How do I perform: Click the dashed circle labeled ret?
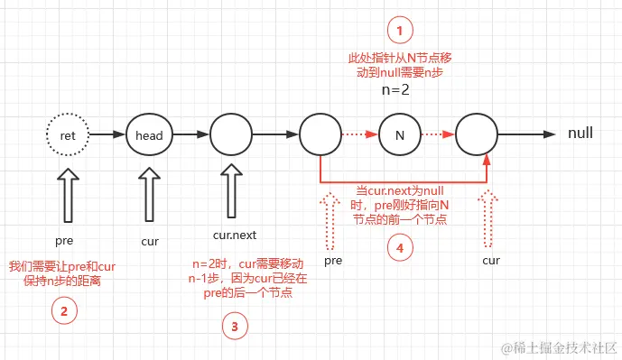point(67,135)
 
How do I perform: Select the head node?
point(149,135)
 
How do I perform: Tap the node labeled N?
point(399,135)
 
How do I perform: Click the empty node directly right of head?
point(230,135)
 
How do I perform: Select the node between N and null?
point(477,135)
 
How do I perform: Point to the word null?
point(580,134)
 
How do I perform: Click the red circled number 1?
point(399,31)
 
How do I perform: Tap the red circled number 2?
point(63,311)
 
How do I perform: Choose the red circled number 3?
point(234,327)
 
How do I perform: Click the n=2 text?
point(398,91)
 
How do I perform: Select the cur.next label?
point(234,235)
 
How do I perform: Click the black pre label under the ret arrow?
point(64,241)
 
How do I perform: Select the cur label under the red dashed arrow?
point(491,260)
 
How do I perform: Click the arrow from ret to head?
point(107,135)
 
